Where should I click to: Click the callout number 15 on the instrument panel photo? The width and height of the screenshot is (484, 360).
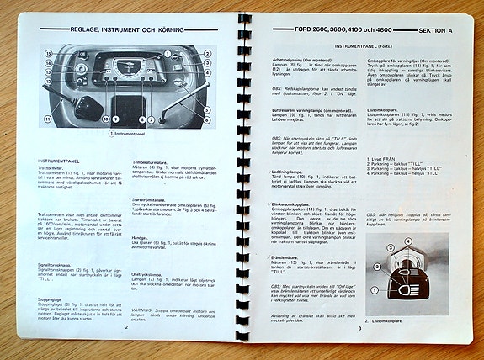click(49, 53)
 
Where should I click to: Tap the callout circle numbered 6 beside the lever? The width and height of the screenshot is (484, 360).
click(206, 119)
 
